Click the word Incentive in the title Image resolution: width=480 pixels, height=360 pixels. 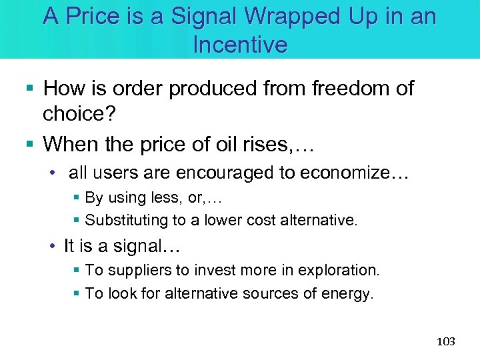coord(240,45)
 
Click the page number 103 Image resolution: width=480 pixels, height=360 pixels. coord(445,341)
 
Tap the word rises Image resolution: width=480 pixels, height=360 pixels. coord(273,143)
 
